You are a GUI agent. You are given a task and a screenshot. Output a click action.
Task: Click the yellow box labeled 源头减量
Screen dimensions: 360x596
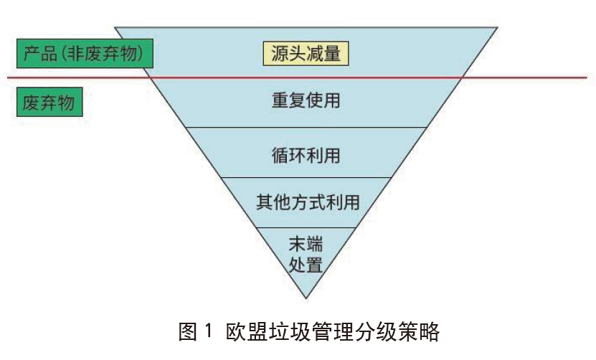(x=306, y=53)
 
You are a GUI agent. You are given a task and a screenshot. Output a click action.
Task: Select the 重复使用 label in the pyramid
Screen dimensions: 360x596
(x=306, y=100)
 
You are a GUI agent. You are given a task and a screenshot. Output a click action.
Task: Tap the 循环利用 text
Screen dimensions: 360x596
(x=306, y=153)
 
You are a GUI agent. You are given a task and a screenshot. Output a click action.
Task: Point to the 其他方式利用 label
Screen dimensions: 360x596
(x=307, y=202)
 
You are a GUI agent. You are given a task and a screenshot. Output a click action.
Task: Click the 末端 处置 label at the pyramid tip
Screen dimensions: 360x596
(x=306, y=254)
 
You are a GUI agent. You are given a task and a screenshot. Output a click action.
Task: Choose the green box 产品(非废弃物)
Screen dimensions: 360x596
(x=85, y=53)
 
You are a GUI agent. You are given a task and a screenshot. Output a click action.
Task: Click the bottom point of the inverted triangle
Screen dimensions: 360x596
(x=306, y=298)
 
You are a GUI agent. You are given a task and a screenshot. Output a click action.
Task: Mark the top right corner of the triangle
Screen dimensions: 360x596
(x=497, y=28)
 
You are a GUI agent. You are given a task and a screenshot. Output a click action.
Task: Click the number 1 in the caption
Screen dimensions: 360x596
(x=209, y=333)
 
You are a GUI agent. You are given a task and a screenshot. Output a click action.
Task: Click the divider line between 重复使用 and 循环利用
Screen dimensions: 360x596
(x=306, y=128)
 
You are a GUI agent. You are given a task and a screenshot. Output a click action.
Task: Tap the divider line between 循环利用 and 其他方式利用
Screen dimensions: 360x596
(x=306, y=178)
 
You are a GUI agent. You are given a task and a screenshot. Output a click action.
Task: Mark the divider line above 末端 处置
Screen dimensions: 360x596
(x=306, y=227)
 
